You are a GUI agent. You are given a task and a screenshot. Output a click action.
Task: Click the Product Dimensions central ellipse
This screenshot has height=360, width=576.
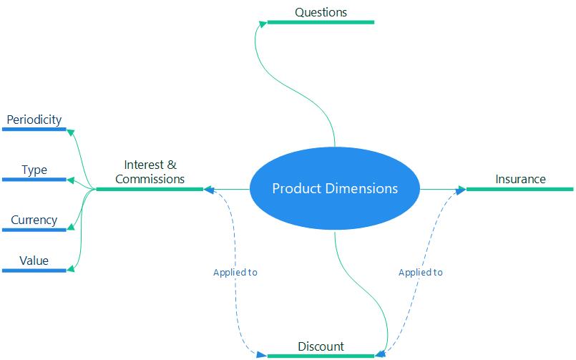334,189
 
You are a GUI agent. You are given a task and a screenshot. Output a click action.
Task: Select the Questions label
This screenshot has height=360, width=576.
321,12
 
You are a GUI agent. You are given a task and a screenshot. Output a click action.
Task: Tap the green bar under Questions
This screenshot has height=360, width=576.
321,22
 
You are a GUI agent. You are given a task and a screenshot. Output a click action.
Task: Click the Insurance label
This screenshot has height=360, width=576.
520,179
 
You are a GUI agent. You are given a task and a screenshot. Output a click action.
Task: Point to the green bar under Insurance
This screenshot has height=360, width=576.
520,190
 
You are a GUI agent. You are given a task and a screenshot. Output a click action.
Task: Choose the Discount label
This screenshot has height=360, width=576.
321,346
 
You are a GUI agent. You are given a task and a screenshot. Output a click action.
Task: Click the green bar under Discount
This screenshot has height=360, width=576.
321,356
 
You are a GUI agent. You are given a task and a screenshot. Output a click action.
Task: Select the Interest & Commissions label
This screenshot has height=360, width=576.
150,172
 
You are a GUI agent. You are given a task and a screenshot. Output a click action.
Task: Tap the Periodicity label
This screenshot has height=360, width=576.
34,120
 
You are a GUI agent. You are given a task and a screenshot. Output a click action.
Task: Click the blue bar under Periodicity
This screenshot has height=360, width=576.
34,130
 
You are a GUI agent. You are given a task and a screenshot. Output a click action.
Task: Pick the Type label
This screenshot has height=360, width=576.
34,170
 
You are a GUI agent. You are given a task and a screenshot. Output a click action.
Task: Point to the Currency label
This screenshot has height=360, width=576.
34,220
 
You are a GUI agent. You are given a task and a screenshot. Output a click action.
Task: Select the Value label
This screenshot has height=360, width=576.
34,261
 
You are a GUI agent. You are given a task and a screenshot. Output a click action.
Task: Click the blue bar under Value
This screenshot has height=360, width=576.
34,271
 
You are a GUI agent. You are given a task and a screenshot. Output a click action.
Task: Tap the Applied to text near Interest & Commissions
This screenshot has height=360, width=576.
235,273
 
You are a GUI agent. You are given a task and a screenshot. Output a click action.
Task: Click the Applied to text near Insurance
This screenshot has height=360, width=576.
420,273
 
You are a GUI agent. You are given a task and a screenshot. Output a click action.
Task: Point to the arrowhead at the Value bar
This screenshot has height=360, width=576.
71,270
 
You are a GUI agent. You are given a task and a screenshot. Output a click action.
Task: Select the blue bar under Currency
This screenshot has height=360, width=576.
34,230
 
